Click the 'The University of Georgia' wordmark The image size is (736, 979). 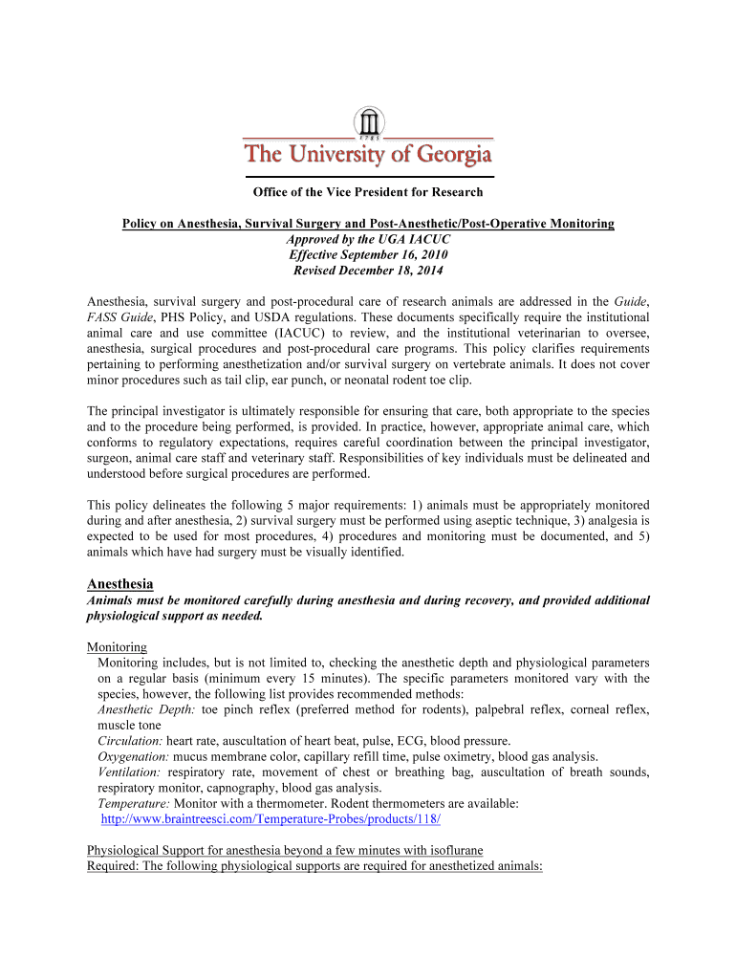click(368, 154)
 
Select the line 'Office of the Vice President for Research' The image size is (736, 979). click(368, 192)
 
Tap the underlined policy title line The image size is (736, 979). click(368, 224)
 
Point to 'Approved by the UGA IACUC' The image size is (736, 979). click(368, 239)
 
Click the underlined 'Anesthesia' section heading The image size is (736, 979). click(119, 583)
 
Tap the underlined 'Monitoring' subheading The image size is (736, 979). click(117, 647)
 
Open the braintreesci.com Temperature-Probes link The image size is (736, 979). click(271, 820)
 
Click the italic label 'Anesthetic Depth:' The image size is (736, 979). click(143, 710)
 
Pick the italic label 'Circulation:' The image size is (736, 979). click(130, 741)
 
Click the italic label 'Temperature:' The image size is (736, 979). click(133, 804)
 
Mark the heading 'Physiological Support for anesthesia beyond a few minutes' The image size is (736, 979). click(285, 851)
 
